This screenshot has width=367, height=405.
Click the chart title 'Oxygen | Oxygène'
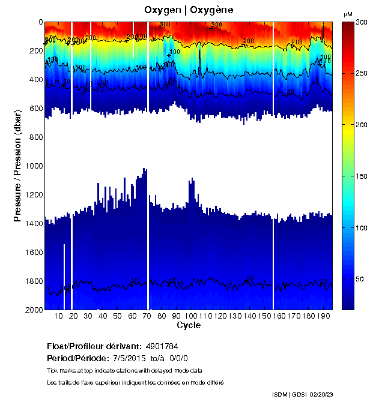[189, 10]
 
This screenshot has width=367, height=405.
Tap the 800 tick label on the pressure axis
[34, 137]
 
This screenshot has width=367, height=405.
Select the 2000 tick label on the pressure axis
[32, 310]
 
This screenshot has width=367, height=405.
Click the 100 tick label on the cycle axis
[191, 316]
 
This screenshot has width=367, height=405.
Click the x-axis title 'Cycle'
[189, 326]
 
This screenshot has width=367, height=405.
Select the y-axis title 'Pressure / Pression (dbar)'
[18, 165]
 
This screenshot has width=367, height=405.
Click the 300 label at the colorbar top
[360, 22]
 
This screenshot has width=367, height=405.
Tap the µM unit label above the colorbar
[348, 14]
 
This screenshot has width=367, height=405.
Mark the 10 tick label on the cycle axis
[59, 316]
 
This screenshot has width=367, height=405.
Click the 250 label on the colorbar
[360, 73]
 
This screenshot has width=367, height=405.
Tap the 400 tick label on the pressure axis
[34, 80]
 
